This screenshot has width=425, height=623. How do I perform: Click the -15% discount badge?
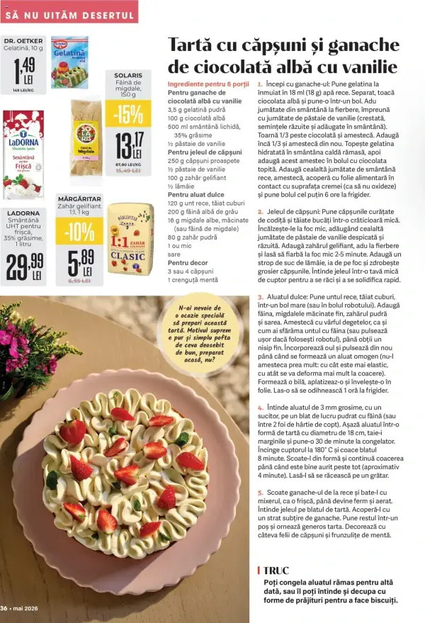[x=128, y=113]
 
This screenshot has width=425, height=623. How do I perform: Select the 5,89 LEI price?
[x=76, y=262]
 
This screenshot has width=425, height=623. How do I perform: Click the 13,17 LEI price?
[x=128, y=146]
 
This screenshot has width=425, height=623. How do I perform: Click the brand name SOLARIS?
[x=128, y=75]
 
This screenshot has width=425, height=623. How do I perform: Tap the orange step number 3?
[x=260, y=297]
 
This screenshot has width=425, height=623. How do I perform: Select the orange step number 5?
[x=260, y=492]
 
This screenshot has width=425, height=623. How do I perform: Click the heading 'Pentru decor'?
[x=188, y=262]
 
